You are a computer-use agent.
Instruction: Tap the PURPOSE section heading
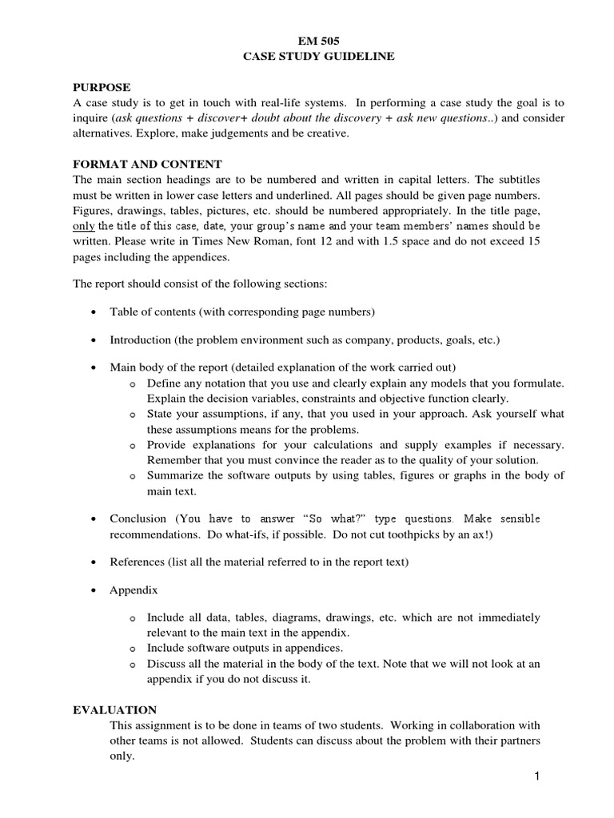pos(102,87)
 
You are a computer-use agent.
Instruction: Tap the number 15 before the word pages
pos(557,242)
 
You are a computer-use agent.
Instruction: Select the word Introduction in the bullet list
pos(141,340)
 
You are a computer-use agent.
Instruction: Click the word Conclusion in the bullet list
pos(138,518)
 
